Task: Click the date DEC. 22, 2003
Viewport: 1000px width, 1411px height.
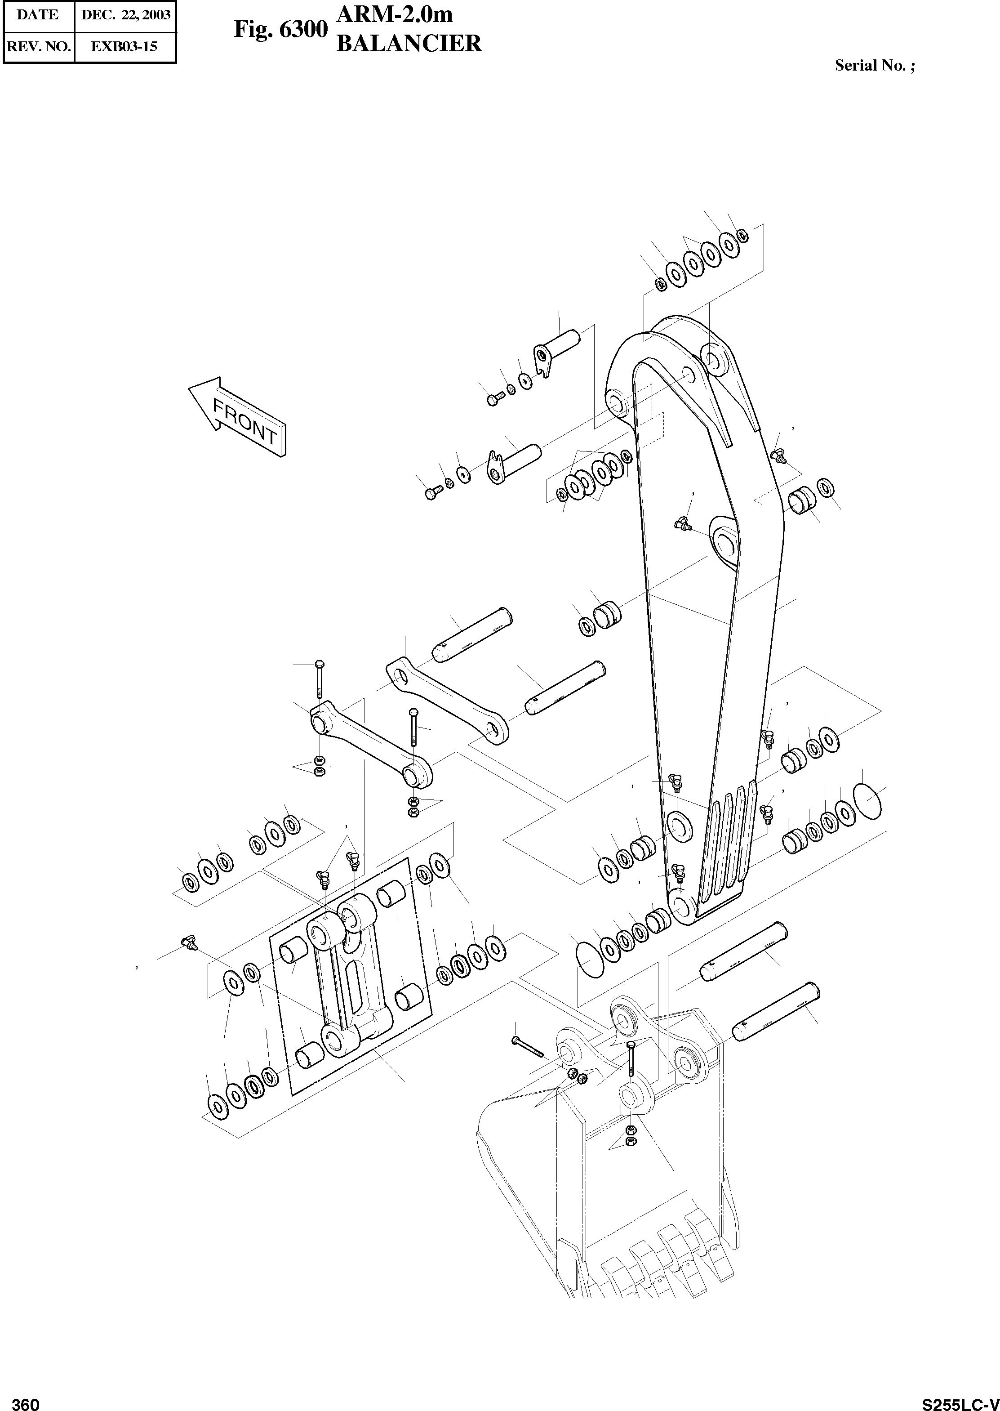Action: (x=125, y=15)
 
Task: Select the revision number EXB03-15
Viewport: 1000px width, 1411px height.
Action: (x=124, y=47)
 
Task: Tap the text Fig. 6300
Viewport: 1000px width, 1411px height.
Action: (x=280, y=30)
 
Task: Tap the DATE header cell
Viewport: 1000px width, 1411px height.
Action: (x=38, y=15)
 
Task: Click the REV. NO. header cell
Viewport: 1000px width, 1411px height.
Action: (x=38, y=47)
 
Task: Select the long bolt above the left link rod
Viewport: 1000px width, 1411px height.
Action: (x=319, y=683)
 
